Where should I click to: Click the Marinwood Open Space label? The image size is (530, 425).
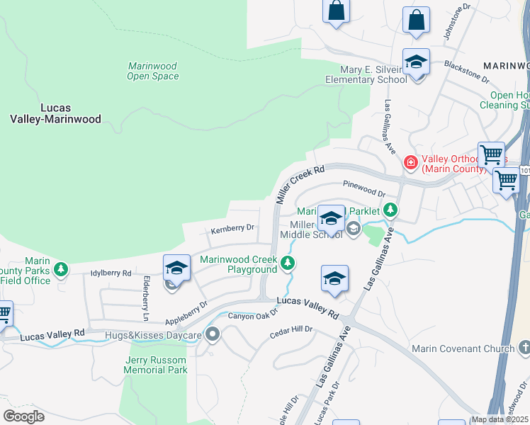[152, 71]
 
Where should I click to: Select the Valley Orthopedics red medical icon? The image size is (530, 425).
[410, 163]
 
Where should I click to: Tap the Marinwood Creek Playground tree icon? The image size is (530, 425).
[287, 264]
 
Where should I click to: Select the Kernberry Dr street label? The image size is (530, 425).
[232, 228]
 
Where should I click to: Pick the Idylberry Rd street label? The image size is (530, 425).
[111, 273]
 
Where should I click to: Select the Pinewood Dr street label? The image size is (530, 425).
[363, 188]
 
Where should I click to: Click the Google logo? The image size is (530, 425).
[24, 416]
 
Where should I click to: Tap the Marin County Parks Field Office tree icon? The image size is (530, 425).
[62, 269]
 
